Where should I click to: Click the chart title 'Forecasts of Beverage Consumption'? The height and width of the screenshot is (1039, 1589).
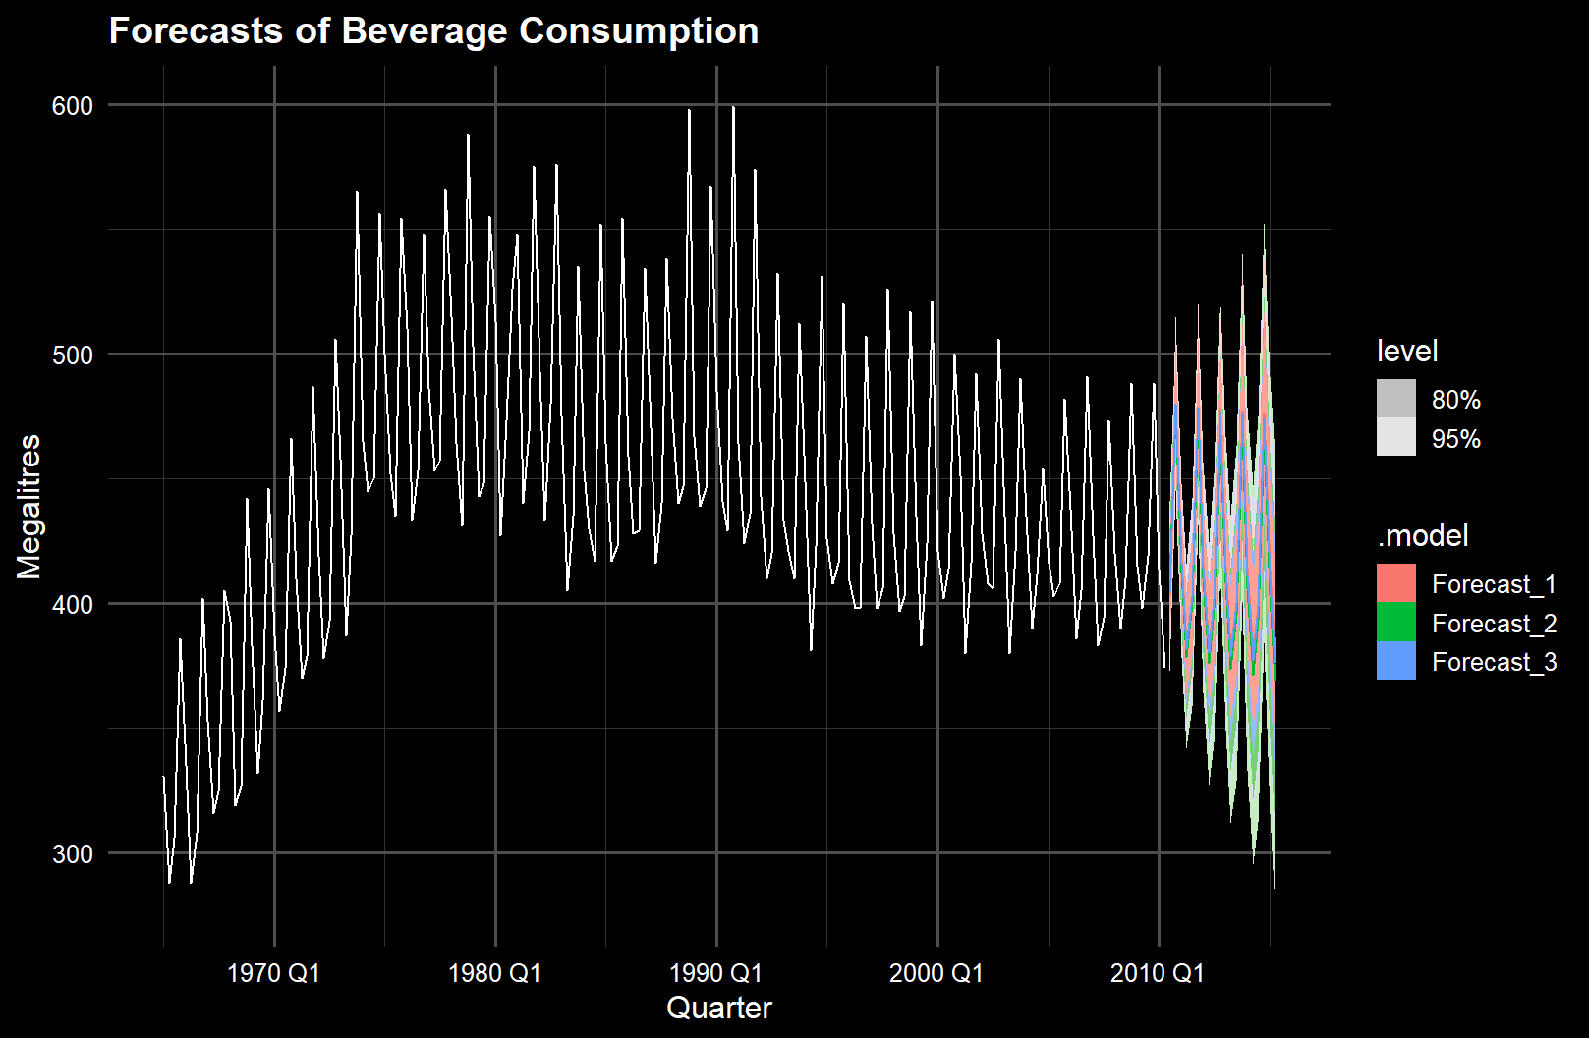pyautogui.click(x=433, y=30)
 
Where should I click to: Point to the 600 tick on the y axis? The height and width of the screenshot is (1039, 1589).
pyautogui.click(x=72, y=105)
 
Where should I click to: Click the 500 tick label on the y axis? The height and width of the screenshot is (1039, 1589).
pyautogui.click(x=72, y=355)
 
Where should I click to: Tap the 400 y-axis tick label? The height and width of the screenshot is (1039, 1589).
pyautogui.click(x=72, y=604)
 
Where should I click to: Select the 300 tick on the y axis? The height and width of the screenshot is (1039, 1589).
pyautogui.click(x=72, y=853)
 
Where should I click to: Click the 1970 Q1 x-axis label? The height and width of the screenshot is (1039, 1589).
pyautogui.click(x=273, y=973)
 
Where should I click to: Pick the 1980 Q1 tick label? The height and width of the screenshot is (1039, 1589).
pyautogui.click(x=494, y=973)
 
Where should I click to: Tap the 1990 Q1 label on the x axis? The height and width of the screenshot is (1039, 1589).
pyautogui.click(x=715, y=973)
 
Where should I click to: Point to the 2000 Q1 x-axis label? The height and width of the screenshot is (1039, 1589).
pyautogui.click(x=936, y=973)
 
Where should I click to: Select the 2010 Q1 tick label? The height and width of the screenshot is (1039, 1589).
pyautogui.click(x=1158, y=973)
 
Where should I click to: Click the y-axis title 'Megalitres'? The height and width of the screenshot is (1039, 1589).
pyautogui.click(x=29, y=507)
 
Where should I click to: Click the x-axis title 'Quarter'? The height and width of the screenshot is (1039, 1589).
pyautogui.click(x=719, y=1009)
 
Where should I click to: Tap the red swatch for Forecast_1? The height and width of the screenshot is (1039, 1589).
pyautogui.click(x=1396, y=583)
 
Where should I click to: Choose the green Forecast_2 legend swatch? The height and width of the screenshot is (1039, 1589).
pyautogui.click(x=1396, y=623)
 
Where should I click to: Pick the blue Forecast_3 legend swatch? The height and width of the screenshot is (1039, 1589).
pyautogui.click(x=1396, y=661)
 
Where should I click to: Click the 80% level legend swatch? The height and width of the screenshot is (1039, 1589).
pyautogui.click(x=1396, y=399)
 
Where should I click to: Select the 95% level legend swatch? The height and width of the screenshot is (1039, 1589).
pyautogui.click(x=1396, y=437)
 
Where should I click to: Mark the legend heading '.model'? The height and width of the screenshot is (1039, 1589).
pyautogui.click(x=1422, y=535)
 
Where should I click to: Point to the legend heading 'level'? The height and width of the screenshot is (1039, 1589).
pyautogui.click(x=1407, y=351)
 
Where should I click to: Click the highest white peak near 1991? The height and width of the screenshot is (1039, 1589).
pyautogui.click(x=733, y=107)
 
